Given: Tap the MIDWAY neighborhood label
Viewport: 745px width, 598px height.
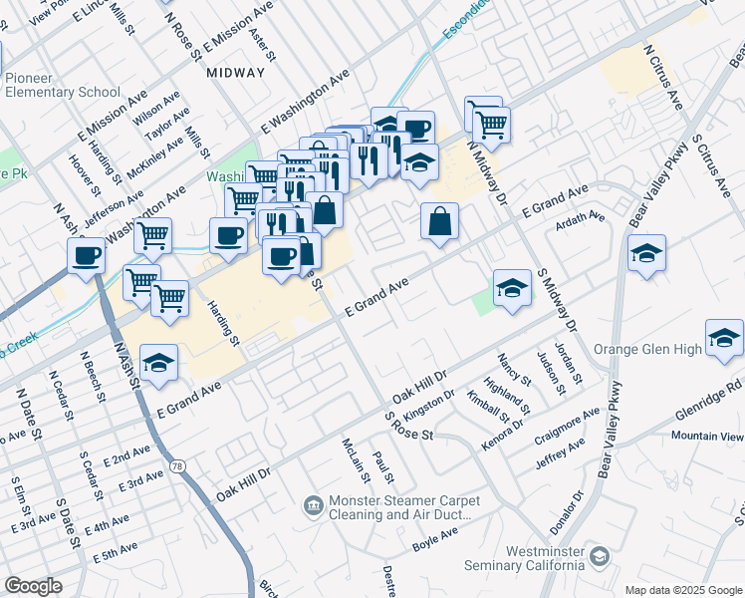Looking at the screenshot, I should [x=236, y=73].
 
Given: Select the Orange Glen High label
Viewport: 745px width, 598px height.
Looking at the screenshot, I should [x=647, y=350].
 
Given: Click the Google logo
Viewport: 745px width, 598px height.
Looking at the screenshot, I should [x=33, y=586].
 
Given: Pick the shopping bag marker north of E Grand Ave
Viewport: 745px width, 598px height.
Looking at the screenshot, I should [x=439, y=222].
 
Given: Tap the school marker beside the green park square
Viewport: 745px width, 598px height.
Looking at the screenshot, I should [x=512, y=288].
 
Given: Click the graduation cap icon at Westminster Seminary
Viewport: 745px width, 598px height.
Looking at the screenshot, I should [x=600, y=554].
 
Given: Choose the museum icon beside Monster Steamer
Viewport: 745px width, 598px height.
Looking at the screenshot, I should [x=314, y=507].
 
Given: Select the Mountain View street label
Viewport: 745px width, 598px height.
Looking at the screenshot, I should [x=707, y=437].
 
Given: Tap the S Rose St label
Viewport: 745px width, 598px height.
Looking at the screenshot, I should [x=410, y=427].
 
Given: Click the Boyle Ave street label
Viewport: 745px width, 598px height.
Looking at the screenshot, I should [x=435, y=539].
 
